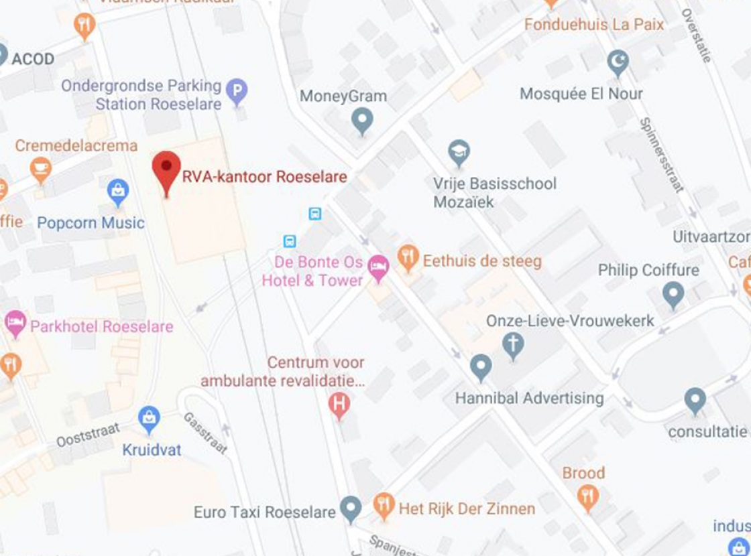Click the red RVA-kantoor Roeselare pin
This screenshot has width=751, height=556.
pyautogui.click(x=166, y=170)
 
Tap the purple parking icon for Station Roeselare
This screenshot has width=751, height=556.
pyautogui.click(x=236, y=91)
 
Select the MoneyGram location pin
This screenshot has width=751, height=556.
pyautogui.click(x=362, y=121)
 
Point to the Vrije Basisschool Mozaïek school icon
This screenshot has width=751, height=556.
pyautogui.click(x=459, y=152)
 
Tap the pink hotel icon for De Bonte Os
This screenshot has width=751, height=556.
pyautogui.click(x=378, y=268)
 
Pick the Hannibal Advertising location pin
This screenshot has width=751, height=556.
pyautogui.click(x=481, y=367)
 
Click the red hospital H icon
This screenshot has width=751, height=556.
pyautogui.click(x=340, y=405)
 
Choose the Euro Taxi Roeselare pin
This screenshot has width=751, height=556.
pyautogui.click(x=350, y=509)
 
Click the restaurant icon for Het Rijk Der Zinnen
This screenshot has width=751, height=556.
pyautogui.click(x=384, y=506)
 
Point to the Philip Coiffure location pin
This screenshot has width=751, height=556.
pyautogui.click(x=673, y=294)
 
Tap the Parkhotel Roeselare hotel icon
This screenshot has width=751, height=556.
pyautogui.click(x=15, y=324)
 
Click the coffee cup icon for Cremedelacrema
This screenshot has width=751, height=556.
pyautogui.click(x=40, y=169)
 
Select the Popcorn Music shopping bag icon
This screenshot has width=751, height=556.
pyautogui.click(x=118, y=193)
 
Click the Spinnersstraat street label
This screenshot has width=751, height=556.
pyautogui.click(x=661, y=155)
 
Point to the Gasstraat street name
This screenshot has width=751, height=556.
pyautogui.click(x=205, y=433)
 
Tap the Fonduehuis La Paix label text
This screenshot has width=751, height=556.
pyautogui.click(x=594, y=25)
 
